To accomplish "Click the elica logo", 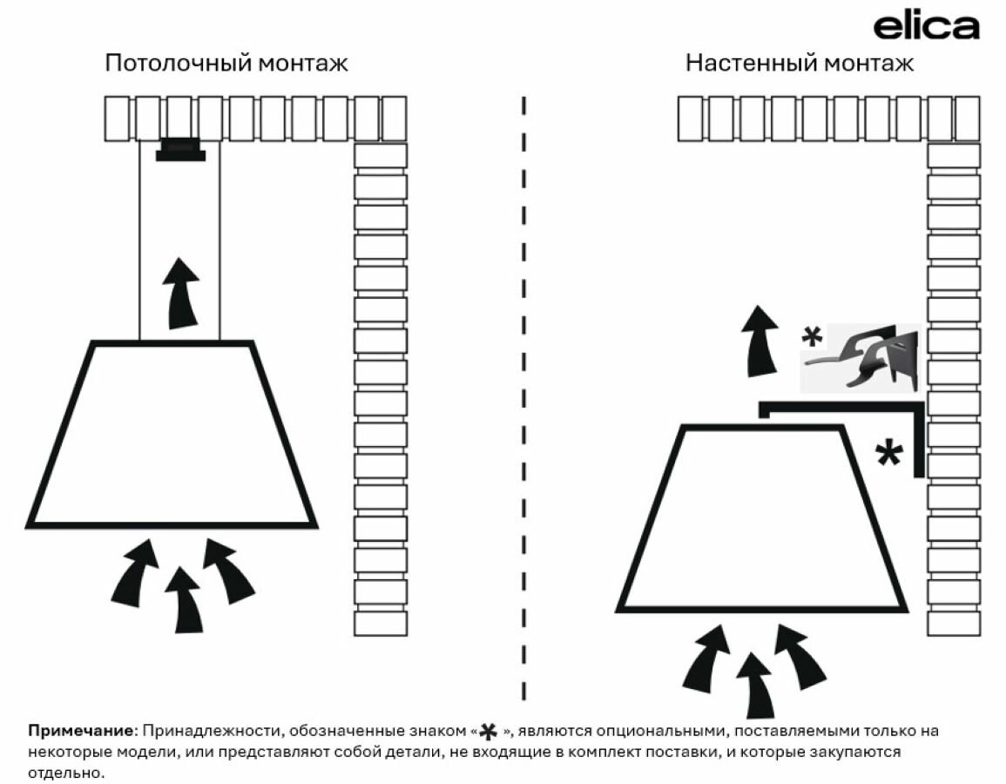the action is [x=926, y=27].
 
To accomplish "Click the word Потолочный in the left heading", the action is [x=166, y=64].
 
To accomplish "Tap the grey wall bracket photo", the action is [x=861, y=357].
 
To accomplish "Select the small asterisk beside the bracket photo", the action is [x=812, y=338].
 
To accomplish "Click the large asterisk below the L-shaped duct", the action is [x=888, y=454].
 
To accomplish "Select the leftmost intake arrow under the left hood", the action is [x=137, y=571].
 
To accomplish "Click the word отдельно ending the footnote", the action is [x=65, y=772].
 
